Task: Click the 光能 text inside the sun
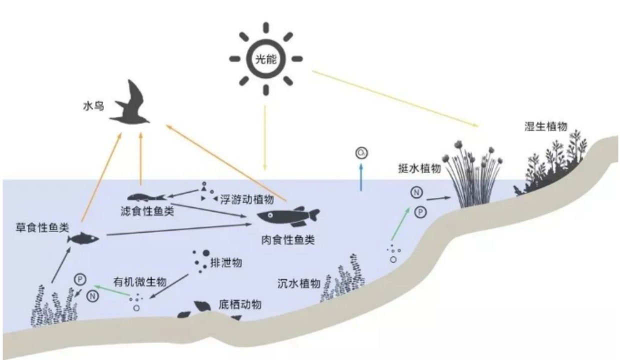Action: coord(266,59)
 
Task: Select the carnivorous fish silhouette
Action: coord(288,216)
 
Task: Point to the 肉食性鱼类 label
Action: coord(288,240)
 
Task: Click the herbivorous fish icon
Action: coord(83,238)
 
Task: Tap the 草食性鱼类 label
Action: coord(42,227)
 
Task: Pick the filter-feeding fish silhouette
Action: coord(146,197)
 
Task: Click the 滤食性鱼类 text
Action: coord(147,211)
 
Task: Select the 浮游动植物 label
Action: coord(247,199)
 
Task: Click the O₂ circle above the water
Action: coord(361,153)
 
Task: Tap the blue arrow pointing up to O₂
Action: coord(361,177)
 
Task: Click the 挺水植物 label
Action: coord(419,168)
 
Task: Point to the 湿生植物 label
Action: coord(546,126)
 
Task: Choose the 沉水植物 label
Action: coord(299,283)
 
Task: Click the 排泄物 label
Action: coord(226,262)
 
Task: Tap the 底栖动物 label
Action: coord(240,304)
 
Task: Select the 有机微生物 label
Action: coord(140,282)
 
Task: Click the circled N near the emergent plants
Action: coord(416,192)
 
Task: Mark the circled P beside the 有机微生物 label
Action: coord(80,279)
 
